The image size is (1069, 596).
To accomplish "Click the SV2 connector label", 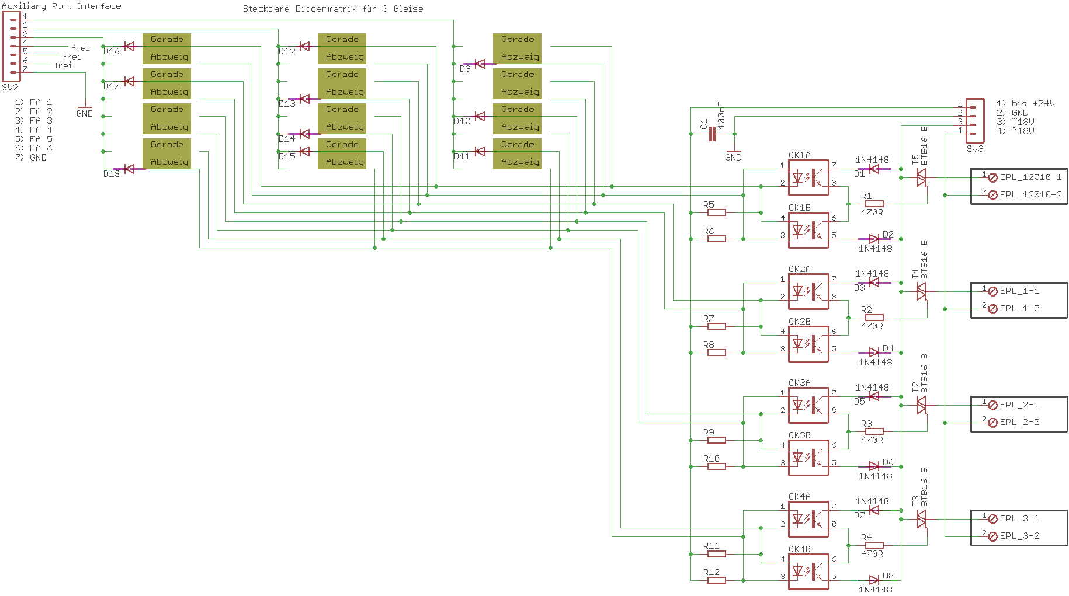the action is (11, 88).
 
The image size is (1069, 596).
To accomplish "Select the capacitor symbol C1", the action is (711, 134).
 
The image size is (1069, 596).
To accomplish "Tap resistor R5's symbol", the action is (717, 212).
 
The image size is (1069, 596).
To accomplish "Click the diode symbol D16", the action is (129, 46).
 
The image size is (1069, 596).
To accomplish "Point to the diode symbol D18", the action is (129, 169).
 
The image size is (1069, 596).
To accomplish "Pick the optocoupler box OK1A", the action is (808, 177).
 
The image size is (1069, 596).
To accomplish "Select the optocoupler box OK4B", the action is (808, 571).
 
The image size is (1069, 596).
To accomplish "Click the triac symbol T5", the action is (921, 177).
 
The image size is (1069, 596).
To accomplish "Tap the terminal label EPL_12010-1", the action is (1030, 177).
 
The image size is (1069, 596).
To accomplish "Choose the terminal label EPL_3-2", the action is (1019, 536).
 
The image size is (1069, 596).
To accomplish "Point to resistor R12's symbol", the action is (717, 580).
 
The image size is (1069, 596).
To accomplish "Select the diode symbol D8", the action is (874, 580).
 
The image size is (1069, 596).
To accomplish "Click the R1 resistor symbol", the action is (874, 204).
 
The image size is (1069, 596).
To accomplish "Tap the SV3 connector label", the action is (975, 149).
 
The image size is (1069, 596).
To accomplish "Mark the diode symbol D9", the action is (480, 64).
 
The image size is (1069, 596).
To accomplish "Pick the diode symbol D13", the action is (304, 99).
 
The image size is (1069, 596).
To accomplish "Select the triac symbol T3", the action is (921, 519).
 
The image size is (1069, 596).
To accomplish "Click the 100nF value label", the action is (721, 116).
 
